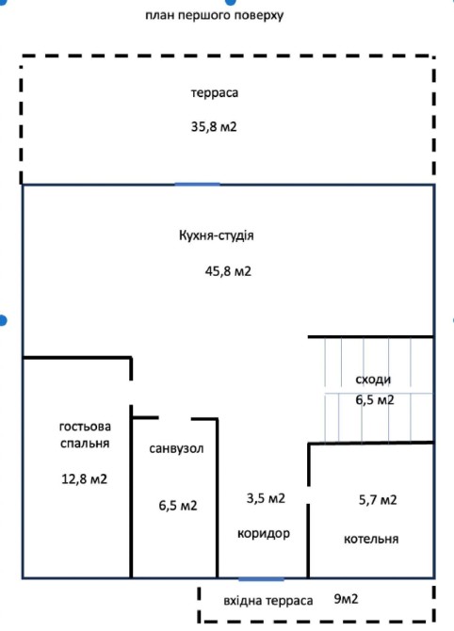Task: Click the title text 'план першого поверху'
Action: pyautogui.click(x=214, y=16)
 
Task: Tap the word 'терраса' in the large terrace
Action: pyautogui.click(x=215, y=92)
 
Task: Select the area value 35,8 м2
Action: pyautogui.click(x=214, y=127)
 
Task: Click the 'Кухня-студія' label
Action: pyautogui.click(x=216, y=235)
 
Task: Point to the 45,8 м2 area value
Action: pyautogui.click(x=228, y=271)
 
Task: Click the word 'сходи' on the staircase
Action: pyautogui.click(x=373, y=380)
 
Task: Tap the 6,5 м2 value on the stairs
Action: pyautogui.click(x=375, y=399)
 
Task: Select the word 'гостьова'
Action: pyautogui.click(x=85, y=427)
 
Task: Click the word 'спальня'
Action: pyautogui.click(x=85, y=443)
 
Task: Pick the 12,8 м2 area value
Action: pyautogui.click(x=85, y=478)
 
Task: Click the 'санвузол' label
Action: pyautogui.click(x=176, y=448)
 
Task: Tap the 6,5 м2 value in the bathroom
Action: pyautogui.click(x=178, y=506)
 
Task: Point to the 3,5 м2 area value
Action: pyautogui.click(x=266, y=498)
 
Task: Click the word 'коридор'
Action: pyautogui.click(x=264, y=534)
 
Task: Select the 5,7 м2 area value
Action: pyautogui.click(x=378, y=500)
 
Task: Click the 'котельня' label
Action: pyautogui.click(x=371, y=539)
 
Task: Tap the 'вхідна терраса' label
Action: pyautogui.click(x=268, y=601)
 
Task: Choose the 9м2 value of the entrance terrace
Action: pyautogui.click(x=346, y=599)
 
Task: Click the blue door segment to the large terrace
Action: pyautogui.click(x=198, y=185)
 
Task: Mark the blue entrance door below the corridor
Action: pyautogui.click(x=261, y=579)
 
